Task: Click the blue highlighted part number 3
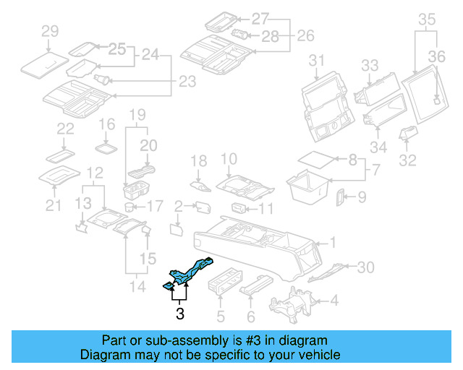(190, 272)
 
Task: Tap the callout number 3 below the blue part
(179, 314)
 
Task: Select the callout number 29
(49, 30)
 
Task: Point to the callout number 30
(366, 267)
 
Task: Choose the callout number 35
(427, 19)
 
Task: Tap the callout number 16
(106, 124)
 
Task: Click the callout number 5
(221, 316)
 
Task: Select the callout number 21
(53, 207)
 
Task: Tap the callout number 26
(306, 35)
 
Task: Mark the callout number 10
(229, 159)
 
